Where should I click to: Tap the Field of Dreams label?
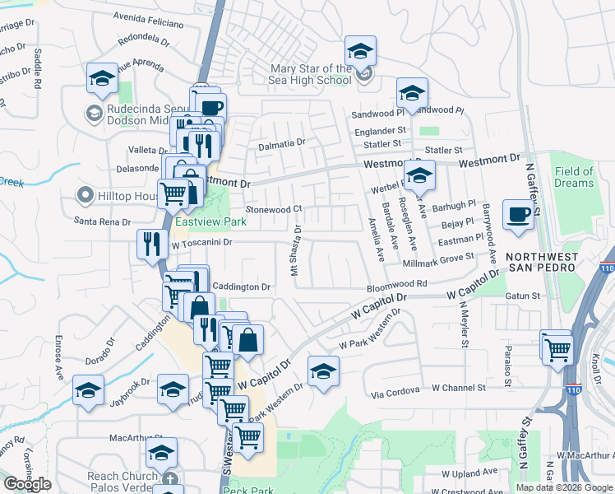click(574, 177)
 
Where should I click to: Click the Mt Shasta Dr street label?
click(295, 250)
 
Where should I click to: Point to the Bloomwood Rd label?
click(396, 284)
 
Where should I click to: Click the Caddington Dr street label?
click(243, 287)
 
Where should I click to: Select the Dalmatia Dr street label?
click(282, 143)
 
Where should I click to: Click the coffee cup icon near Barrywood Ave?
click(517, 214)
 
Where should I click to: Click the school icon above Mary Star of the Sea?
click(360, 51)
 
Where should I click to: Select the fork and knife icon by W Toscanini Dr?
click(151, 245)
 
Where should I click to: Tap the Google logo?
click(28, 484)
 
